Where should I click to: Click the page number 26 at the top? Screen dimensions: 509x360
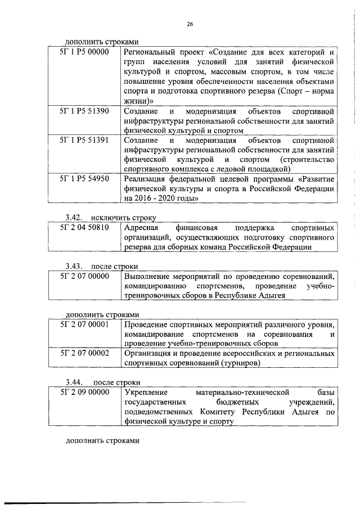(x=190, y=24)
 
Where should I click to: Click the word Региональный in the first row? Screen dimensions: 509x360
(x=148, y=53)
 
